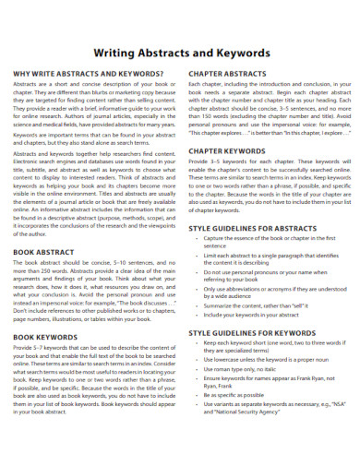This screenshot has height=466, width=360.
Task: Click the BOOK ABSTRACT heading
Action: [42, 252]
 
